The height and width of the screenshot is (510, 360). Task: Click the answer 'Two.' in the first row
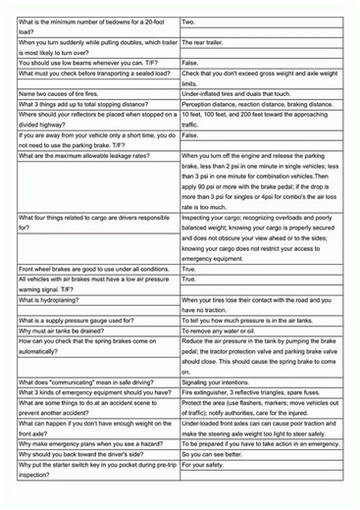[x=189, y=21]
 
